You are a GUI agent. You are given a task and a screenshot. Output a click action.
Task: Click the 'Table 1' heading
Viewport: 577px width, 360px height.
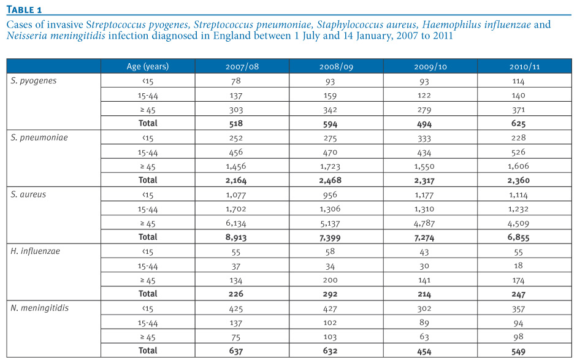coord(24,10)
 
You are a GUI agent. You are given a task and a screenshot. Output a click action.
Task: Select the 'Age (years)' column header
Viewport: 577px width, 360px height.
coord(148,66)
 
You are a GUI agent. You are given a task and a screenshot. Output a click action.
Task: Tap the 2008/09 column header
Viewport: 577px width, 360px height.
coord(336,67)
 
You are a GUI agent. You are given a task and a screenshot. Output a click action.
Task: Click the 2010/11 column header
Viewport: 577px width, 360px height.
coord(524,67)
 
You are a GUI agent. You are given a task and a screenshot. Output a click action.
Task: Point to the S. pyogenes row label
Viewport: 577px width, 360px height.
coord(34,80)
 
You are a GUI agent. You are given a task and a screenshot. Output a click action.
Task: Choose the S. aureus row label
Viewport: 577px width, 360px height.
coord(28,194)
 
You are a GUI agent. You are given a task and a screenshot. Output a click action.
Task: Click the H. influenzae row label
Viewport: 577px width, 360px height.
coord(36,251)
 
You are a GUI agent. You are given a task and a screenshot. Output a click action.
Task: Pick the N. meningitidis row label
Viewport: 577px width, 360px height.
coord(39,308)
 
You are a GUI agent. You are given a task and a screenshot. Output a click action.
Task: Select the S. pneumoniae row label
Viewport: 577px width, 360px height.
coord(39,137)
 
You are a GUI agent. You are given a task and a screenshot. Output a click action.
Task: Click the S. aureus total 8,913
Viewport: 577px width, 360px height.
coord(236,237)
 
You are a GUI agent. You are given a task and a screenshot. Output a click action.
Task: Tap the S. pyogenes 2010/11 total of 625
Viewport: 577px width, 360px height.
coord(518,124)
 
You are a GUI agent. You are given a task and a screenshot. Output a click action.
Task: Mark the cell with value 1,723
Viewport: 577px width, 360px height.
coord(330,166)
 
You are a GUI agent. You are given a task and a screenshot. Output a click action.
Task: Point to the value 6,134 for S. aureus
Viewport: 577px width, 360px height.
coord(236,223)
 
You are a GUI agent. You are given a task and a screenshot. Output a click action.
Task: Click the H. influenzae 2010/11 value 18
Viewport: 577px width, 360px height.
coord(518,266)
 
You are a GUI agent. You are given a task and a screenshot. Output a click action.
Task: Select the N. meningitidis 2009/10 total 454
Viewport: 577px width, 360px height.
coord(424,351)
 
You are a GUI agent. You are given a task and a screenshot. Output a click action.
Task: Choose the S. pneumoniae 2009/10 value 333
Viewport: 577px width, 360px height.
coord(424,138)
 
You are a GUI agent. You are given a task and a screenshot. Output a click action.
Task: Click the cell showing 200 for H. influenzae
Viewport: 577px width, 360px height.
coord(330,280)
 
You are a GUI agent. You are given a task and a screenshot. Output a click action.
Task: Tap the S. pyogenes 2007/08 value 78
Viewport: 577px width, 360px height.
coord(236,81)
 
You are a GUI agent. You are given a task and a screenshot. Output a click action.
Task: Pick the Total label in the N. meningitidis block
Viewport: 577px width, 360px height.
coord(148,350)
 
